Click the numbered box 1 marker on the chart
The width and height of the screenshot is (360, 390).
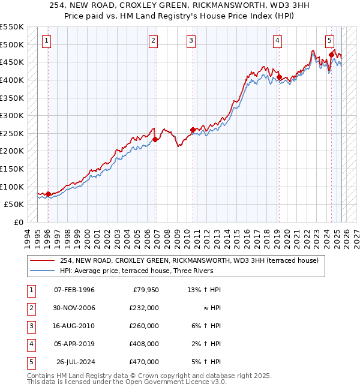47,41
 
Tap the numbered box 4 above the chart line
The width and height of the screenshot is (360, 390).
278,41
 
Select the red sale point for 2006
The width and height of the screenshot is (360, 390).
155,140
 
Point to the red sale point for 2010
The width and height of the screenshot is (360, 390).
192,130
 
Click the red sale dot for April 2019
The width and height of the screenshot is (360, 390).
279,77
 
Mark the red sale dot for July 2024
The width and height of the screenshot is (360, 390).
331,55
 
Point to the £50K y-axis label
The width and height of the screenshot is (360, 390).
14,204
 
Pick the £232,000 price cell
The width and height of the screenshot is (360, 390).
143,308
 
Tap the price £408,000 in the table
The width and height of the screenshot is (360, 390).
143,344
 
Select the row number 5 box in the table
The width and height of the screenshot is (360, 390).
31,362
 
